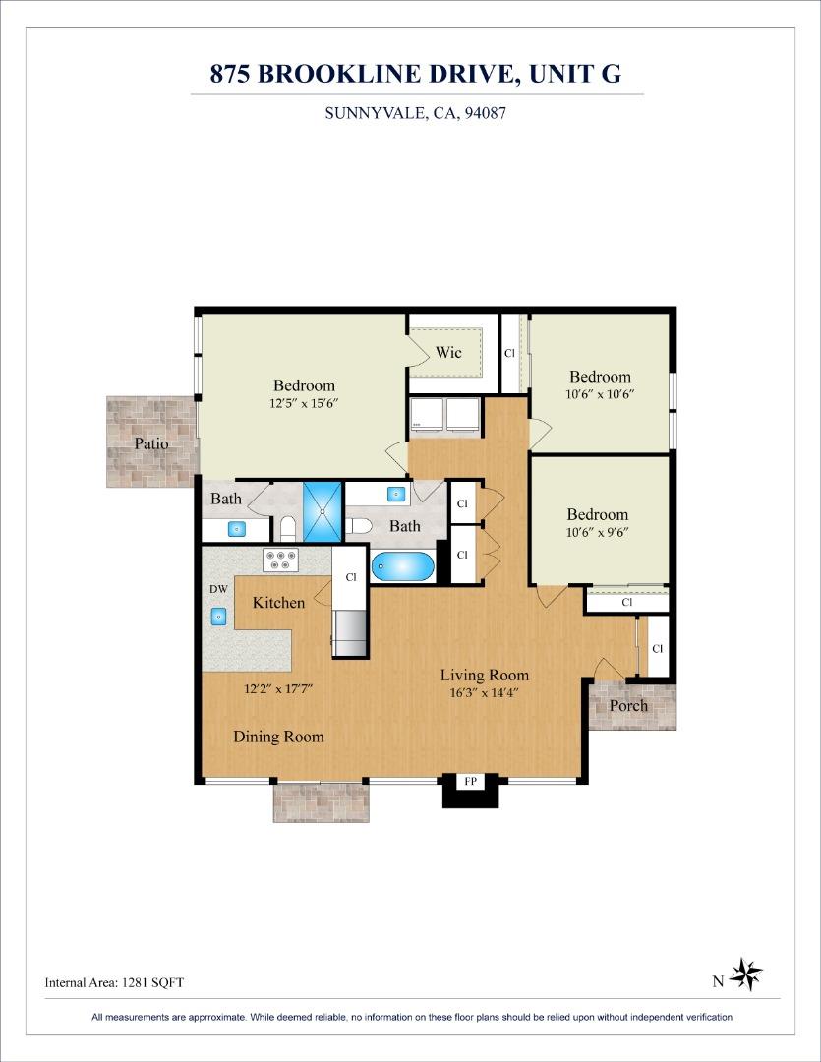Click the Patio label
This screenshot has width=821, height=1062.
[151, 443]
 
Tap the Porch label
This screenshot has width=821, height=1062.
[628, 706]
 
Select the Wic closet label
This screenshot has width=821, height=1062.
[448, 352]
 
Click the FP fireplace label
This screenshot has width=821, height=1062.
[471, 781]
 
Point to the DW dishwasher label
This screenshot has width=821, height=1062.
[219, 589]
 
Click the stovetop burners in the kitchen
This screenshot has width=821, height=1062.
[281, 560]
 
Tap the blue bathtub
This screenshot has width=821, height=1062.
[402, 567]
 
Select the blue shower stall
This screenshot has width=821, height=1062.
[323, 511]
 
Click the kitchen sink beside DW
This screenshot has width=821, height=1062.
[219, 617]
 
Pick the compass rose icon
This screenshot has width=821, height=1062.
[746, 974]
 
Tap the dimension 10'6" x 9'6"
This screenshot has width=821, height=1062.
[598, 532]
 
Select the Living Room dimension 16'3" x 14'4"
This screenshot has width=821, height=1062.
[484, 693]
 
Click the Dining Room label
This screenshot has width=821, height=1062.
[278, 737]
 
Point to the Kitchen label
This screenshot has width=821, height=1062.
[278, 602]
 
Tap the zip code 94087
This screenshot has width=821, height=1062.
[485, 112]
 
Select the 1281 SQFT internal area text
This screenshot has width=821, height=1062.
[152, 982]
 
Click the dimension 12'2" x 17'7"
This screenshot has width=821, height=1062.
[277, 689]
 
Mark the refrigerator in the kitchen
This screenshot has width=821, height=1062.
[350, 632]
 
